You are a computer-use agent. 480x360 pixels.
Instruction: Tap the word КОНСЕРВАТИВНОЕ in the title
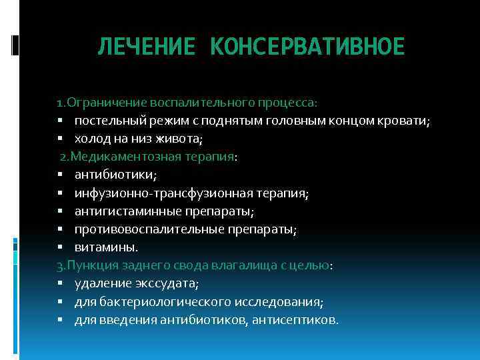tap(307, 47)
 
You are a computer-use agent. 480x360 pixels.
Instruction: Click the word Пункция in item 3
tap(88, 265)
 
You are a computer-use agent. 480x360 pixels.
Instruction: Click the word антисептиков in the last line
tap(298, 319)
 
